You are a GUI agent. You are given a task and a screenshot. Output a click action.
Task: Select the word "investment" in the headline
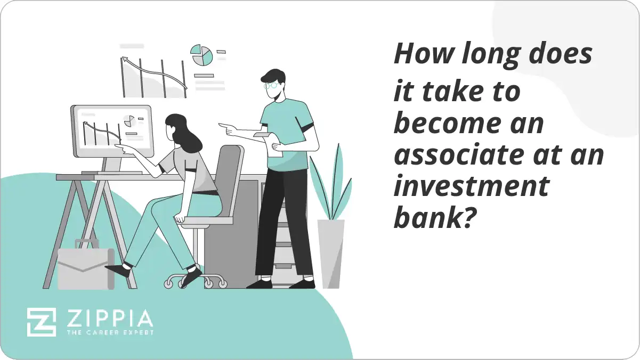coord(471,187)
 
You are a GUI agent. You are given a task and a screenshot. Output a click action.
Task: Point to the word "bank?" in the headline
coord(433,218)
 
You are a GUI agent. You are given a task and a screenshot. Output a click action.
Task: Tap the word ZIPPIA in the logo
coord(109,319)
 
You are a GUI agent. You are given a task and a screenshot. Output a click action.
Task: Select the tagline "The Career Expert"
coord(109,333)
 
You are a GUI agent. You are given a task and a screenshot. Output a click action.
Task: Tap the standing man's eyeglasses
coord(271,84)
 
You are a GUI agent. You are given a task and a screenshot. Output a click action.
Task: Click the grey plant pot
coord(331,253)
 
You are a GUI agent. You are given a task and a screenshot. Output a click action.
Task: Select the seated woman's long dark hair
coord(184,133)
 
